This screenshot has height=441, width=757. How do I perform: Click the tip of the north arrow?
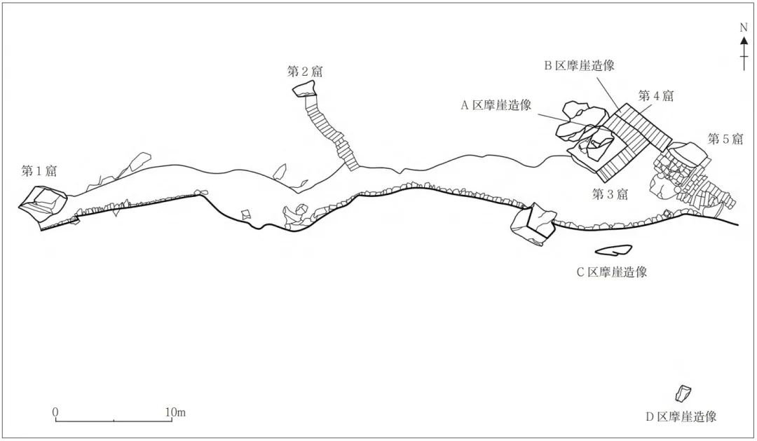(744, 36)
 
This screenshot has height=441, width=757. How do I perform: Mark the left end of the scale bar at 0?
(55, 421)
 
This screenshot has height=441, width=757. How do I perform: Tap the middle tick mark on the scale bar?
(114, 420)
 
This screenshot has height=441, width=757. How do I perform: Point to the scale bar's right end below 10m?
(172, 421)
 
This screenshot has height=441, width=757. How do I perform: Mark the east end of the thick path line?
(738, 224)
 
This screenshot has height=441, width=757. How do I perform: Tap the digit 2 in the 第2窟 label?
(305, 72)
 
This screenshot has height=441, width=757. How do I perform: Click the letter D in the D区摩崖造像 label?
(650, 417)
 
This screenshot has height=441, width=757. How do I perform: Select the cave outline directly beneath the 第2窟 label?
(304, 89)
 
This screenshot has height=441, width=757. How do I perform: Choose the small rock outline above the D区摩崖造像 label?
(683, 393)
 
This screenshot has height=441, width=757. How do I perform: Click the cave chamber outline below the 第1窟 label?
(43, 204)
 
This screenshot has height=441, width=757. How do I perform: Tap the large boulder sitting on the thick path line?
(533, 225)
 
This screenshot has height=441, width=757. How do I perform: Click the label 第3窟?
(610, 195)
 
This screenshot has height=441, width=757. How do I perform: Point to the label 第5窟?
(725, 139)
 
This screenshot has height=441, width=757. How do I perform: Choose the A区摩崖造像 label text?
(496, 105)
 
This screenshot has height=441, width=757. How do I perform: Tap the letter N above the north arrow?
(744, 27)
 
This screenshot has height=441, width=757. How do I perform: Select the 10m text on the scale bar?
(175, 412)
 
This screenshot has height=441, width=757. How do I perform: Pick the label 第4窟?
(655, 95)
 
